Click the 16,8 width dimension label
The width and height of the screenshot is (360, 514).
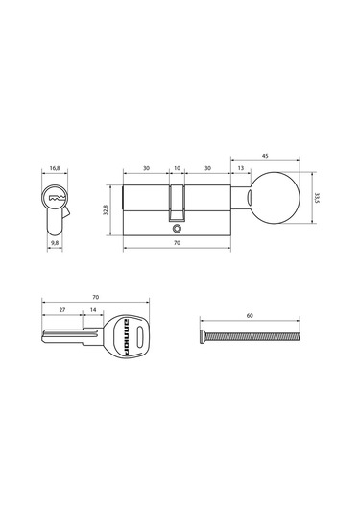click(55, 168)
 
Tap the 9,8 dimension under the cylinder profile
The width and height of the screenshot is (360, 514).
click(55, 243)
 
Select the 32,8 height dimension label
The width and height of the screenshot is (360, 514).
click(106, 210)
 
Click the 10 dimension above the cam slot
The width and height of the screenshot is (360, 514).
click(177, 168)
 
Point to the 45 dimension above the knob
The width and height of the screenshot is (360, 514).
click(265, 156)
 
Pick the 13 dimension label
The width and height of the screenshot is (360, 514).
click(241, 168)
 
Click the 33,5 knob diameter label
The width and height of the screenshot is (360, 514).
click(317, 198)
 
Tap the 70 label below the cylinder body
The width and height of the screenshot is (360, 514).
click(177, 243)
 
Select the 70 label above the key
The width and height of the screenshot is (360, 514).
click(95, 297)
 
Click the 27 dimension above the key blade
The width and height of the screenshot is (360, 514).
click(62, 309)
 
